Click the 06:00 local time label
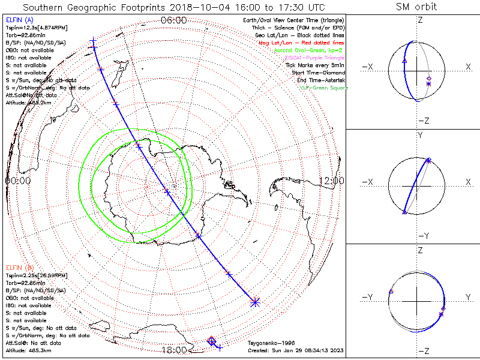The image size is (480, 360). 174,20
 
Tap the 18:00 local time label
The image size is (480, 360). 174,350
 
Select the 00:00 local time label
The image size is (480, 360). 18,180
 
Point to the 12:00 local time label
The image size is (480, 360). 331,180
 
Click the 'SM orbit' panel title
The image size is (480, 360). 416,7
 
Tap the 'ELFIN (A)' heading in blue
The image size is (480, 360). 19,21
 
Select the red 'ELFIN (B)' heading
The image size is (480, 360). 19,267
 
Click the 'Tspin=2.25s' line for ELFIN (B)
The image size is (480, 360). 37,275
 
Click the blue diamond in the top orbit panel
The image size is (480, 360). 428,79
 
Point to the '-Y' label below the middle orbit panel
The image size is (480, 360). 420,236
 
